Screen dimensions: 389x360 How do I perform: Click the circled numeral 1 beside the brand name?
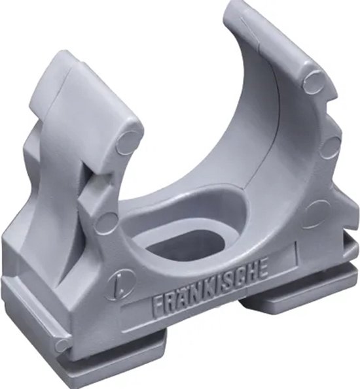coord(118,286)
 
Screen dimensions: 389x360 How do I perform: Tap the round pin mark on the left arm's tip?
coord(128,142)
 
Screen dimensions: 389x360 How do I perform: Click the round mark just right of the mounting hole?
coord(317,212)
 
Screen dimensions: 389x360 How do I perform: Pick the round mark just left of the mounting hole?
coord(106,222)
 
